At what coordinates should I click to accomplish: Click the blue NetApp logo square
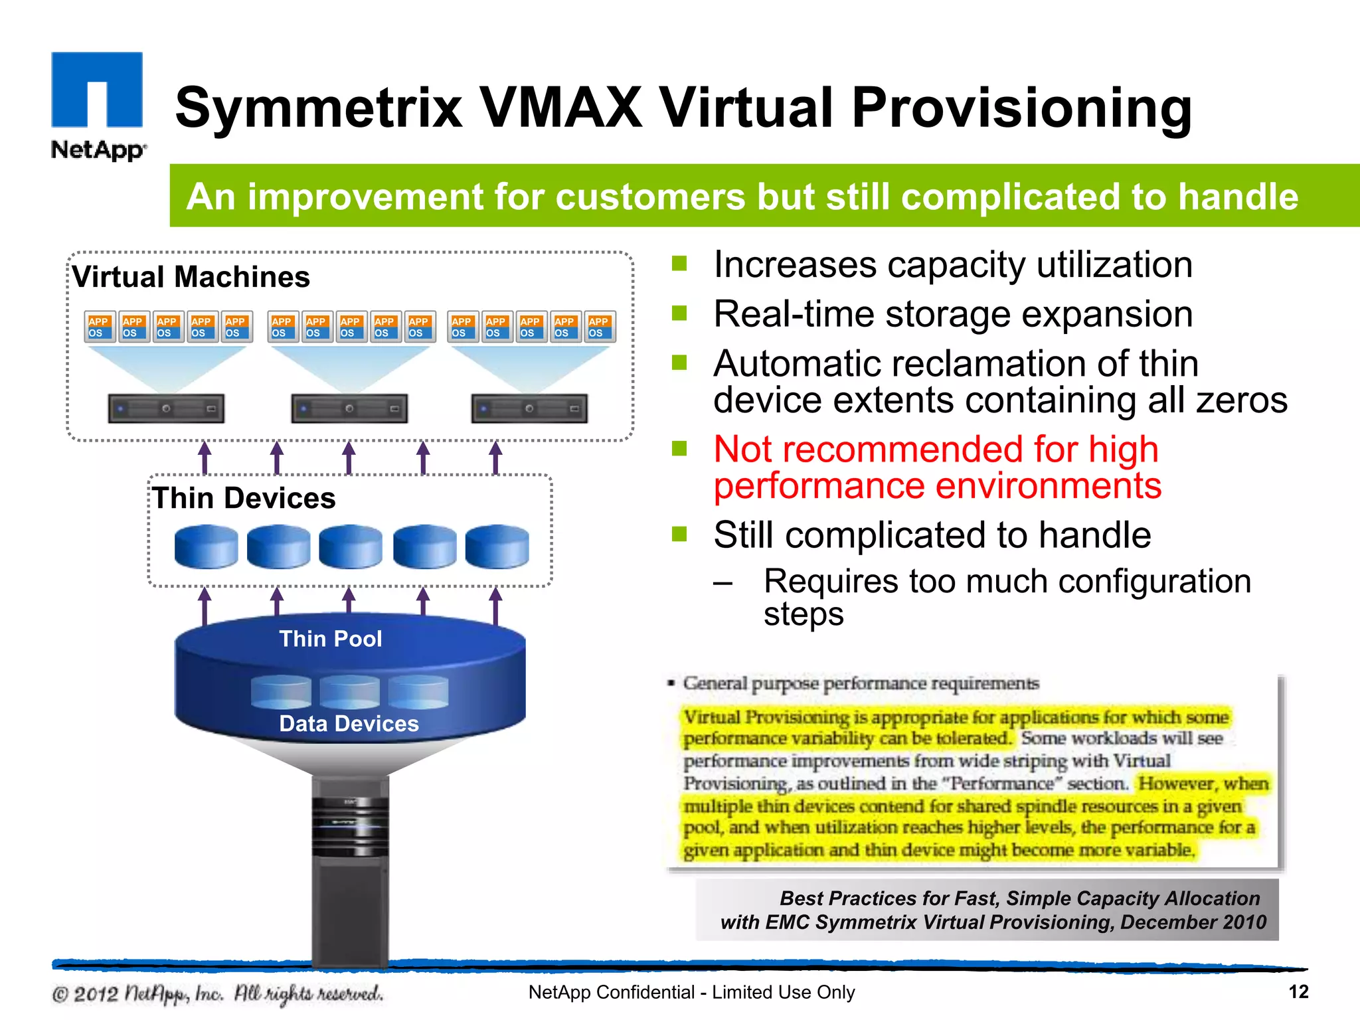[x=97, y=89]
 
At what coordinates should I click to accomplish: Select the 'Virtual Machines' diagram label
[x=191, y=277]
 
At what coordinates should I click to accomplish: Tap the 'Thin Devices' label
[x=244, y=498]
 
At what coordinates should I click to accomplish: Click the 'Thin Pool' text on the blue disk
[x=330, y=639]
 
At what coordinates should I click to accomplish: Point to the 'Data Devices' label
[x=349, y=723]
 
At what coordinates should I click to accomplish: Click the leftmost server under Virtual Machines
[x=166, y=408]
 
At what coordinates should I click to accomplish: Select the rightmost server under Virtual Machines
[x=529, y=408]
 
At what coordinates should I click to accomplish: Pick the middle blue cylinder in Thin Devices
[x=351, y=547]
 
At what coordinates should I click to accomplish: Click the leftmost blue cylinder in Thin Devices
[x=206, y=547]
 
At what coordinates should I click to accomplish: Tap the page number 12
[x=1298, y=992]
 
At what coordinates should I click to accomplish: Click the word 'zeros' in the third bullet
[x=1242, y=400]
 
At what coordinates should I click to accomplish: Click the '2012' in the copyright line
[x=96, y=994]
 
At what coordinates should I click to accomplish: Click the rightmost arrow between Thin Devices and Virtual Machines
[x=495, y=458]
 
